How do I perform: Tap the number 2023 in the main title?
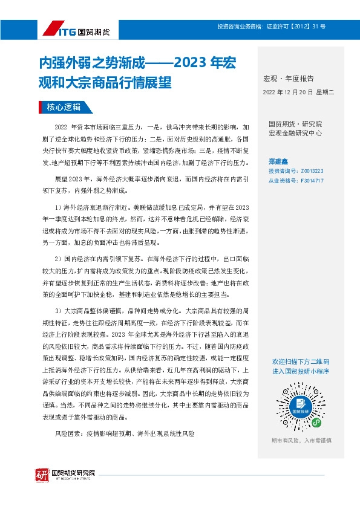[193, 63]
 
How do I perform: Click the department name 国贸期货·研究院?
[295, 124]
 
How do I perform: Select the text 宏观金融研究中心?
[295, 132]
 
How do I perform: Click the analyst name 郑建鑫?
[279, 161]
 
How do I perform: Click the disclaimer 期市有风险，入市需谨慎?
[301, 441]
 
